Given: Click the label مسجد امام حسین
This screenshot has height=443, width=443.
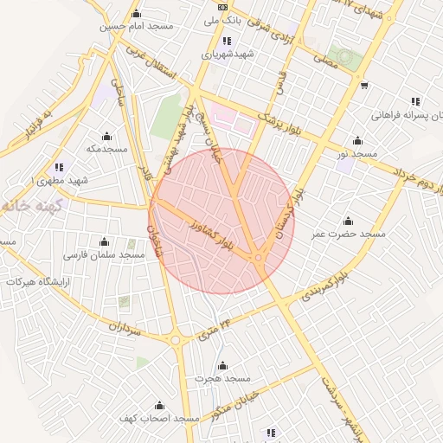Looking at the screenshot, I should click(136, 26).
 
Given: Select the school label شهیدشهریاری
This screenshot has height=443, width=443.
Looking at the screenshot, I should click(226, 54).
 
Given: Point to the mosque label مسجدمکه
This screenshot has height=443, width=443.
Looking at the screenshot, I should click(106, 149).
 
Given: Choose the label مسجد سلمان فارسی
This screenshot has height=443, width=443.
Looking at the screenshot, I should click(105, 255).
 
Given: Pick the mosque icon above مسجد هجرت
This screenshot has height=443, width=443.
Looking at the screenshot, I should click(222, 365).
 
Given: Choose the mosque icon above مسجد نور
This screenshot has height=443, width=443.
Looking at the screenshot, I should click(357, 140).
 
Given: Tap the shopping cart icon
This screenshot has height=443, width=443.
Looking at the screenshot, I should click(364, 85).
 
